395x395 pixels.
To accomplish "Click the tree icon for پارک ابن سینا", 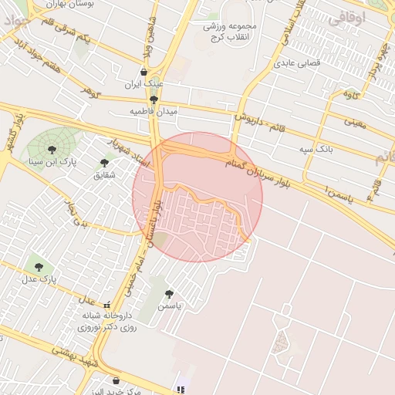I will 52,149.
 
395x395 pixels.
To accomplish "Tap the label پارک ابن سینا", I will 50,162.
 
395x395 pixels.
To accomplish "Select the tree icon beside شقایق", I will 104,163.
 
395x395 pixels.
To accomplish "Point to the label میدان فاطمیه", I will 154,112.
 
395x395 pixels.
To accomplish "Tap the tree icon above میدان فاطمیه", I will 154,100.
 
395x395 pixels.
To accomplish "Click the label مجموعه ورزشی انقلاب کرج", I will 235,31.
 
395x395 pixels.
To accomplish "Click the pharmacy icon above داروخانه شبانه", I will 106,304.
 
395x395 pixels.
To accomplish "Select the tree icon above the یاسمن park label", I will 169,294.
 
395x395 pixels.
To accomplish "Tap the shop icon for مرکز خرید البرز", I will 116,380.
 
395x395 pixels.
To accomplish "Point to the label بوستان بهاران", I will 113,5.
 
